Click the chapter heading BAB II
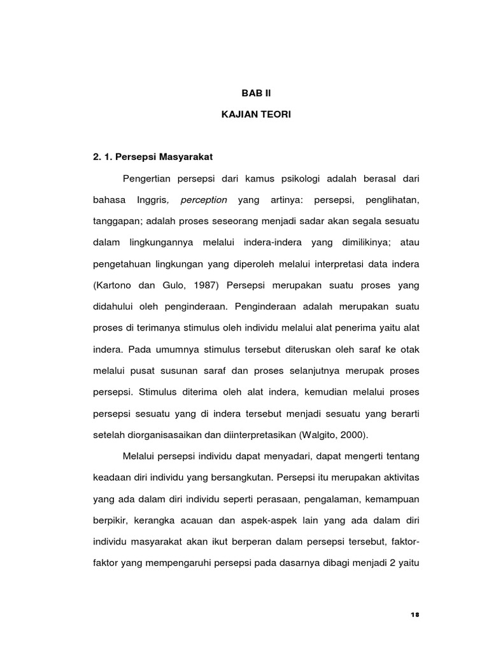click(255, 93)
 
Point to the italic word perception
click(204, 200)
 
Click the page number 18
click(415, 614)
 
